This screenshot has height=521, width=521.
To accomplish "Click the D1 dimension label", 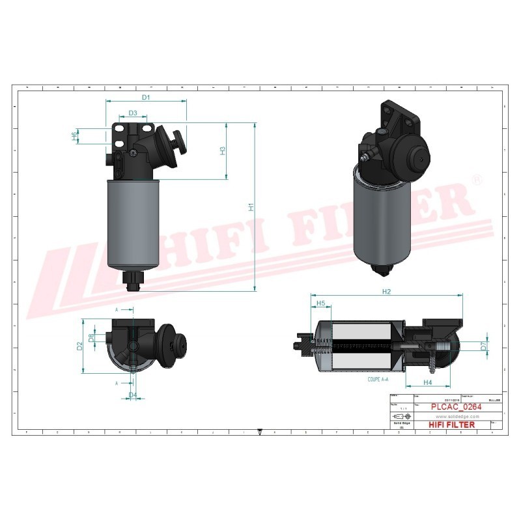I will pyautogui.click(x=146, y=97).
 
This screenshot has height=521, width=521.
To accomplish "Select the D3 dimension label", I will pyautogui.click(x=132, y=113).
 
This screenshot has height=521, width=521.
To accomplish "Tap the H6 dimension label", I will pyautogui.click(x=74, y=135).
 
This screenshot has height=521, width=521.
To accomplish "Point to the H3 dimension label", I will pyautogui.click(x=223, y=150).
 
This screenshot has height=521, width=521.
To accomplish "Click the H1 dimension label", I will pyautogui.click(x=251, y=207).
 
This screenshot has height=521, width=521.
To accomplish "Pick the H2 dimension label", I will pyautogui.click(x=386, y=291).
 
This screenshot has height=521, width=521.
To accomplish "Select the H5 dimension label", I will pyautogui.click(x=320, y=303).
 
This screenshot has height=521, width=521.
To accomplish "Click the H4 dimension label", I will pyautogui.click(x=428, y=382).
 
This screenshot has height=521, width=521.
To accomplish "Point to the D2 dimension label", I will pyautogui.click(x=80, y=346).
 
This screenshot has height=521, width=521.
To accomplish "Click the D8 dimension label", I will pyautogui.click(x=91, y=337).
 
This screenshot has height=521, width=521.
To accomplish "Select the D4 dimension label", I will pyautogui.click(x=132, y=395).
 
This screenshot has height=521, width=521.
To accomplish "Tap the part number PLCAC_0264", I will pyautogui.click(x=457, y=407).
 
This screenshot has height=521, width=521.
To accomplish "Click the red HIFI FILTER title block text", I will pyautogui.click(x=452, y=425).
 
